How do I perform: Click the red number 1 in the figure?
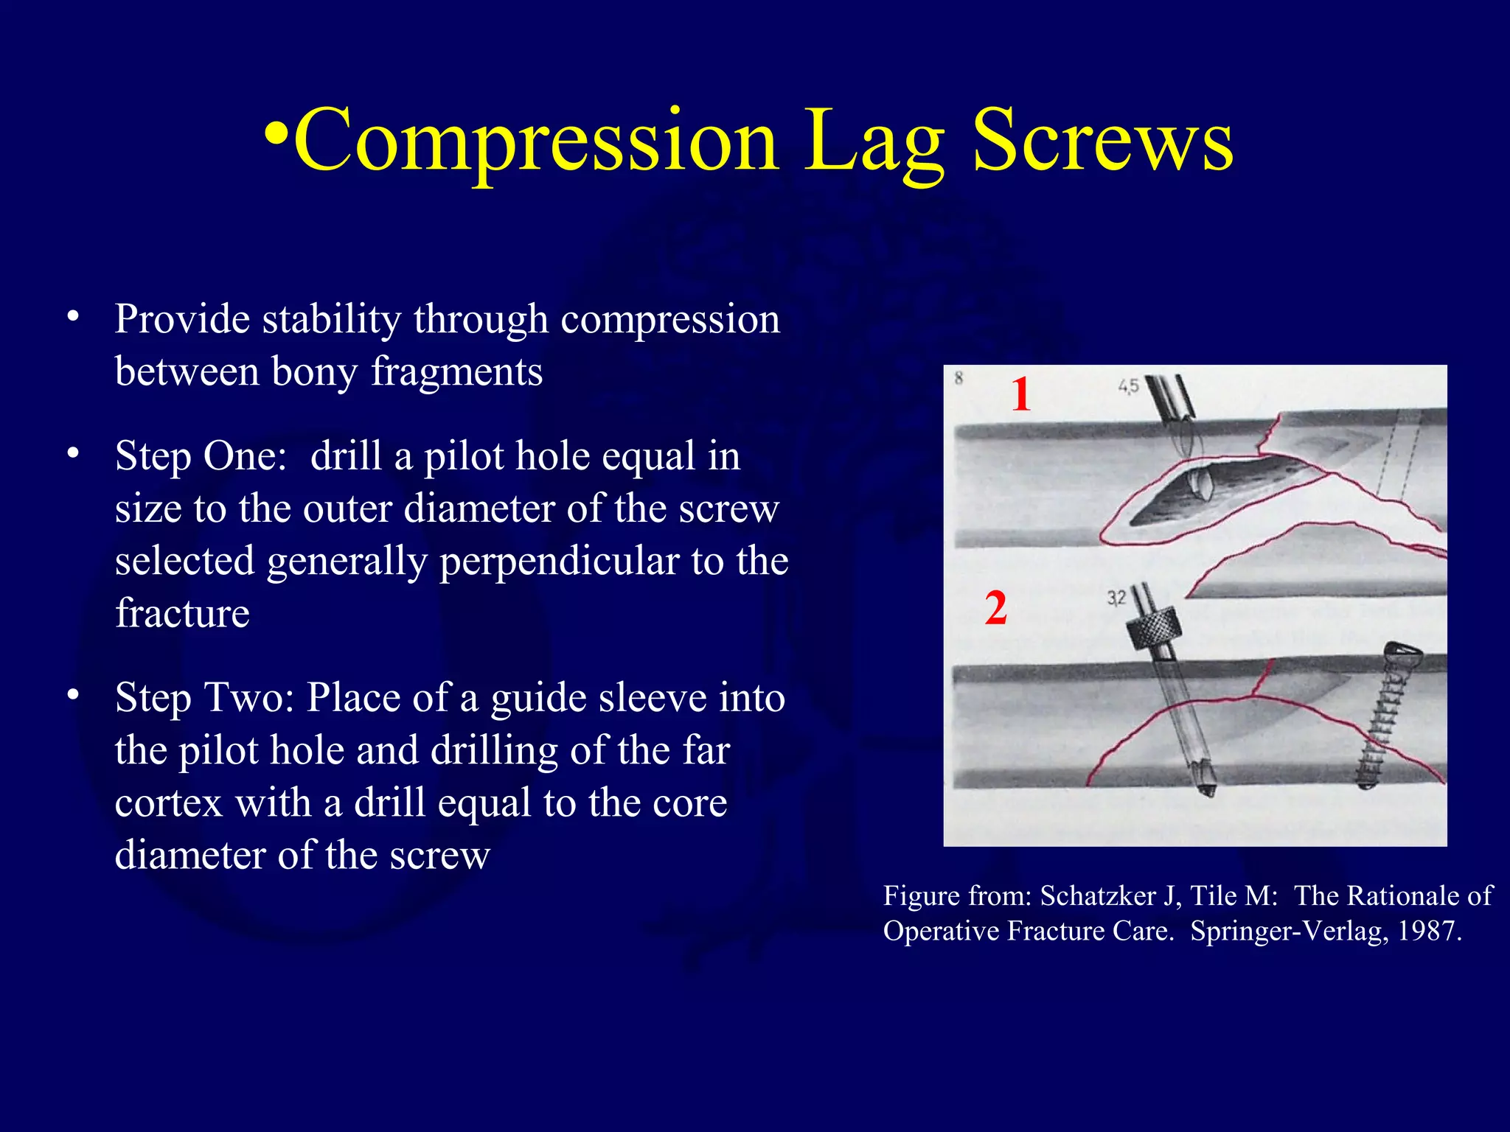(x=1020, y=394)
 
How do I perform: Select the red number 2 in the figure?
(x=995, y=609)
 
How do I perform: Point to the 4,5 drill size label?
(x=1128, y=386)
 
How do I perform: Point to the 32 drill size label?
(x=1116, y=597)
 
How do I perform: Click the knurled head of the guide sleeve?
(x=1154, y=629)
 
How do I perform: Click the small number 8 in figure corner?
(x=958, y=378)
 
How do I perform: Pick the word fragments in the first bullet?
(x=456, y=371)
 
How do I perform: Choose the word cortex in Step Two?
(x=169, y=803)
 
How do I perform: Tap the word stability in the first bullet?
(x=332, y=319)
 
